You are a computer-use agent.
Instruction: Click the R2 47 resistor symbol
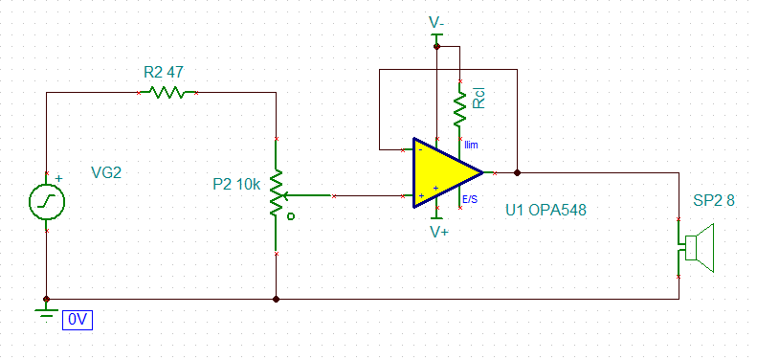(168, 93)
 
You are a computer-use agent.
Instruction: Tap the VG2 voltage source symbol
(47, 201)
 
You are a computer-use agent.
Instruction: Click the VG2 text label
(106, 173)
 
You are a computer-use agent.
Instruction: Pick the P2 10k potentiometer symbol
(276, 194)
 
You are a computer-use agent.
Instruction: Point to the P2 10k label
(235, 184)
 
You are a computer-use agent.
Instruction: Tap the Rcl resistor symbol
(459, 109)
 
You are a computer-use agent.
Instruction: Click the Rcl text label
(479, 98)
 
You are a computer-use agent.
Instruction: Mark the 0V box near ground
(78, 321)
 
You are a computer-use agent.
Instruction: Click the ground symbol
(45, 310)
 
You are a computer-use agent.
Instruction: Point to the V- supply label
(437, 20)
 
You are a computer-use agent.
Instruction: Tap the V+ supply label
(439, 232)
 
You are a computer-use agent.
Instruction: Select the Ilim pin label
(472, 145)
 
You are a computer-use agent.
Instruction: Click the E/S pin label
(470, 200)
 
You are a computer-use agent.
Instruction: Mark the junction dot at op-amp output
(517, 173)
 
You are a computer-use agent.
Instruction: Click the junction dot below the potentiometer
(276, 298)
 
